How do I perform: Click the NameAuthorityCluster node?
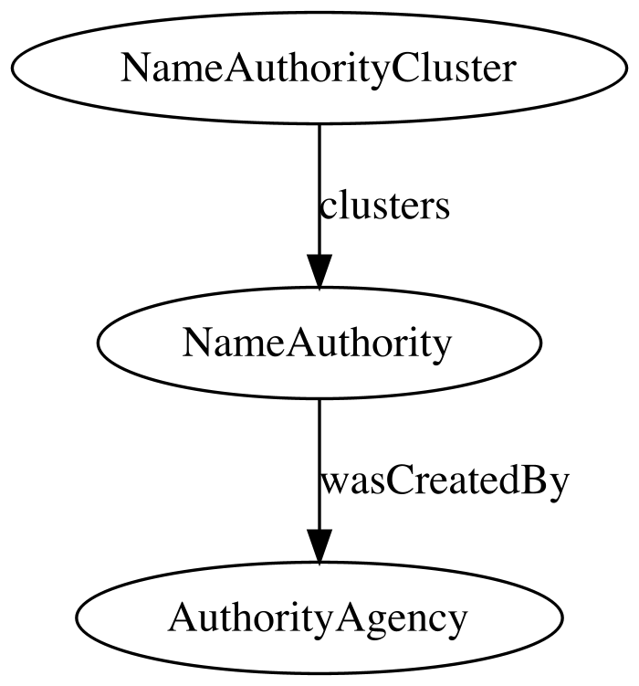point(319,68)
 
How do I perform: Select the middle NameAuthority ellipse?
point(319,343)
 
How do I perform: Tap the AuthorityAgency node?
point(319,617)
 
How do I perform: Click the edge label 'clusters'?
point(384,206)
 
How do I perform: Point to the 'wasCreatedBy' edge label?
point(445,481)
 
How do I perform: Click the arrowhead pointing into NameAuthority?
point(319,271)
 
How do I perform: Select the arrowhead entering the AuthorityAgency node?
point(319,546)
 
